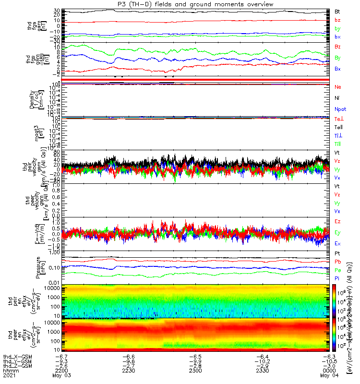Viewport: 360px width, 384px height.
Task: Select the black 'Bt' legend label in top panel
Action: [x=337, y=11]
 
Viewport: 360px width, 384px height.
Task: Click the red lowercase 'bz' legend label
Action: [x=337, y=20]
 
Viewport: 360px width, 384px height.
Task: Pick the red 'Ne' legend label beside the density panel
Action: [x=338, y=86]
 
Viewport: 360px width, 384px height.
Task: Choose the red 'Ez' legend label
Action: [x=337, y=221]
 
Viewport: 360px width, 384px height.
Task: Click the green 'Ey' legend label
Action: [x=337, y=232]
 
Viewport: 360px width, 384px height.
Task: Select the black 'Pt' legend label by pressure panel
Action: [x=337, y=253]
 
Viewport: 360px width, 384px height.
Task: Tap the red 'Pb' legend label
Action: [x=337, y=262]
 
